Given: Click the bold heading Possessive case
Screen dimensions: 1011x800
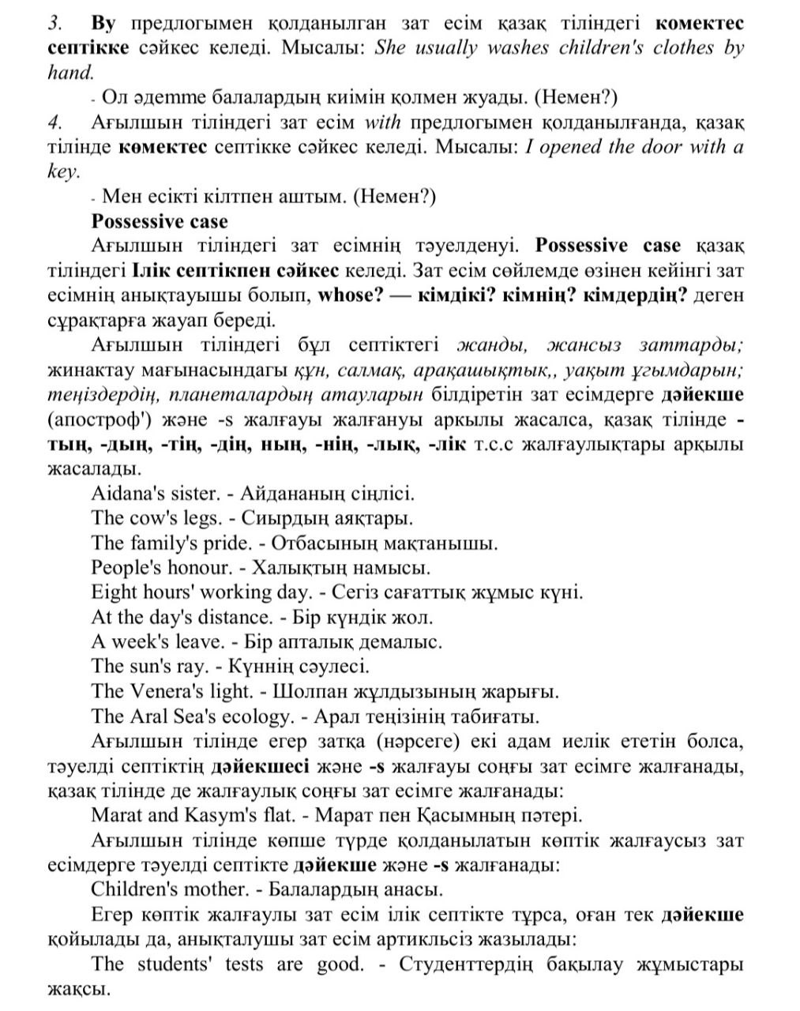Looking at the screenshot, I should pyautogui.click(x=159, y=221).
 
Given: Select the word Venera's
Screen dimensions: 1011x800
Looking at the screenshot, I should pyautogui.click(x=166, y=691).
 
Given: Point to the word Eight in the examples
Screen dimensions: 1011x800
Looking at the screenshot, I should pyautogui.click(x=114, y=592).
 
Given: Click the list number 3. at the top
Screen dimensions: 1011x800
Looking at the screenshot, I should pyautogui.click(x=54, y=23).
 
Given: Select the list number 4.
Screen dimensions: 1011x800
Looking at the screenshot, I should pyautogui.click(x=54, y=122).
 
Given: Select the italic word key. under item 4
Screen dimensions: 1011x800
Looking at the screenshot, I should pyautogui.click(x=62, y=171).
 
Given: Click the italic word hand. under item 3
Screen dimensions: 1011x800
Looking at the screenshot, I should pyautogui.click(x=69, y=73).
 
